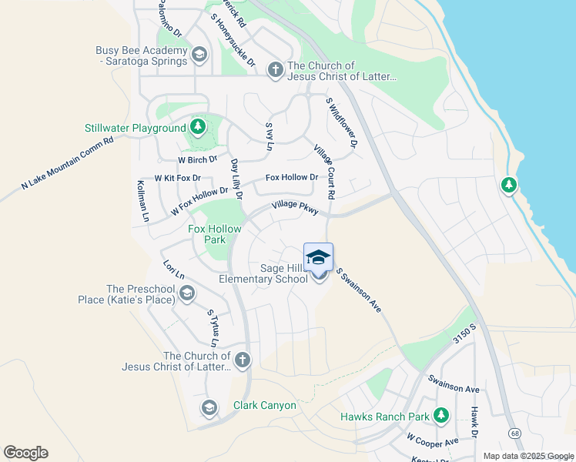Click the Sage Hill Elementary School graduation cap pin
318,257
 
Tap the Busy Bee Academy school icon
199,54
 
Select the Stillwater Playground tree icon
198,127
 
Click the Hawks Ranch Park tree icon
441,417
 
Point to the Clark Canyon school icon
208,407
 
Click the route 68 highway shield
514,434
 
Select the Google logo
25,453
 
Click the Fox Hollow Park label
215,234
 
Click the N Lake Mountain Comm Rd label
67,165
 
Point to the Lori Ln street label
173,270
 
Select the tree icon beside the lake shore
508,185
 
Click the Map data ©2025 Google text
527,456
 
